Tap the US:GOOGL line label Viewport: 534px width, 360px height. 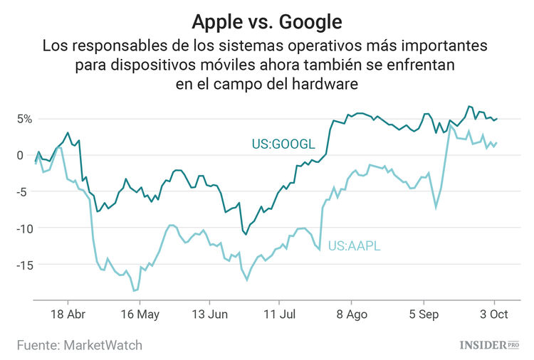(x=283, y=144)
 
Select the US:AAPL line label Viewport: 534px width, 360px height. (x=354, y=247)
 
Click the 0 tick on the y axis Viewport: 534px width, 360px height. (x=28, y=155)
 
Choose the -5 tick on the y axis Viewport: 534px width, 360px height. (x=26, y=191)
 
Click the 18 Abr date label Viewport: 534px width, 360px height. (x=68, y=314)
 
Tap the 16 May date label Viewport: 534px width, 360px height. (x=139, y=314)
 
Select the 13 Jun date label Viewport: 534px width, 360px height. (x=209, y=314)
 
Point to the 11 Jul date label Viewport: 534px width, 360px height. (x=279, y=314)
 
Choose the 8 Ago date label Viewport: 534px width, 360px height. (x=351, y=314)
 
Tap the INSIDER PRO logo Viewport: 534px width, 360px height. (x=487, y=345)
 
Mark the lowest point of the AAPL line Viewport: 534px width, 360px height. (x=134, y=290)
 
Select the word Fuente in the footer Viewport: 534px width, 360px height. (x=37, y=345)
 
